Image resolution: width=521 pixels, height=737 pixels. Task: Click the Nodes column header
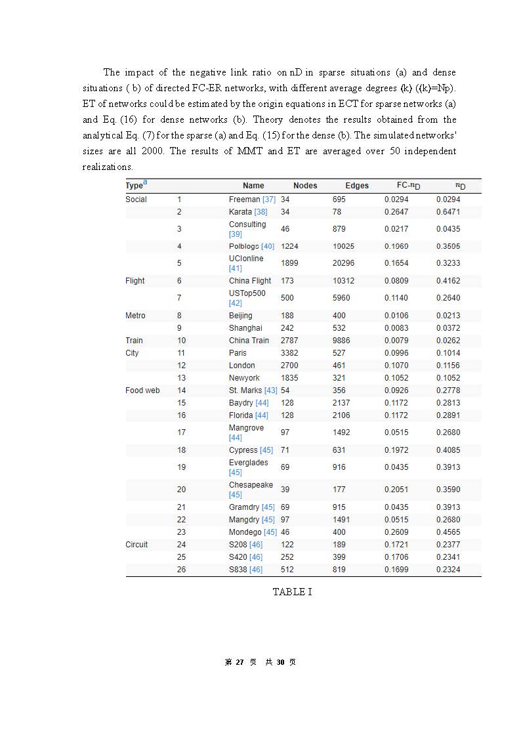(305, 186)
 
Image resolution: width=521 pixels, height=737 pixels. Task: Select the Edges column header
(357, 186)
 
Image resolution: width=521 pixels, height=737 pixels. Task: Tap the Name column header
(253, 186)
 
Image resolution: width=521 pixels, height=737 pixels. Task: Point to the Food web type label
(142, 390)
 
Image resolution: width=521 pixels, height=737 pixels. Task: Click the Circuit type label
(136, 545)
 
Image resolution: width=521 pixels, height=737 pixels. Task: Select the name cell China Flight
(250, 281)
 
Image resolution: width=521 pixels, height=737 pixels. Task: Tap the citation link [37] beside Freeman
(269, 200)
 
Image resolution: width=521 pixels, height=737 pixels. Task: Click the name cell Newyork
(244, 378)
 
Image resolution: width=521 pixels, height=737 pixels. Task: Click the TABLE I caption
(293, 591)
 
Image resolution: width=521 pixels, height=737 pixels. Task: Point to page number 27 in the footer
(240, 662)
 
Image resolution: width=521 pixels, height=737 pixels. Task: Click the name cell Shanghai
(245, 328)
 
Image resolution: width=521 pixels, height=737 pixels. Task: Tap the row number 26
(181, 570)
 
